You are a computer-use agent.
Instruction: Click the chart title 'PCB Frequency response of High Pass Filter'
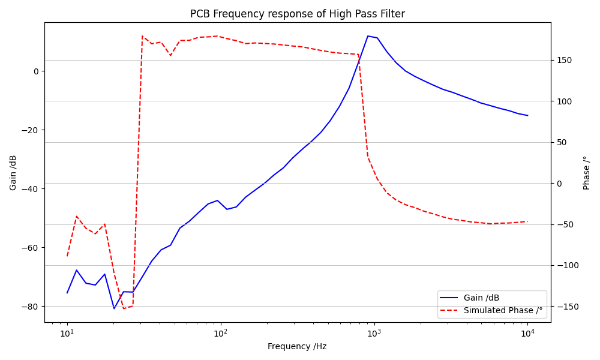click(297, 14)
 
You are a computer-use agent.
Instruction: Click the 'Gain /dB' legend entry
click(481, 298)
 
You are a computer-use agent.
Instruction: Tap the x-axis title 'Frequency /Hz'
click(297, 346)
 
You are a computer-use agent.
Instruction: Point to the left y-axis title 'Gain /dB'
click(13, 173)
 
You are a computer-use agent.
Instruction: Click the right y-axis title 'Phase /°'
click(587, 173)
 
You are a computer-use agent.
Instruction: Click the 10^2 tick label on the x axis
click(221, 333)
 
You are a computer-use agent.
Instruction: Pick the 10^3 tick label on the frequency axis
click(374, 333)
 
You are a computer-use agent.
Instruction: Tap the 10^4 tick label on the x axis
click(528, 333)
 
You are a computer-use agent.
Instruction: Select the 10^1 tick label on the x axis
click(67, 333)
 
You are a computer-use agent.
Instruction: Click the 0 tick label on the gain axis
click(35, 71)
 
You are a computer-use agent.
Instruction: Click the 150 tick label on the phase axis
click(564, 60)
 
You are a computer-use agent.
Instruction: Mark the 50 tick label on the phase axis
click(562, 142)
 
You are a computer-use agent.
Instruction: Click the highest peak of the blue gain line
click(368, 36)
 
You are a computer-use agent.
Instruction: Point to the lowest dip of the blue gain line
click(114, 308)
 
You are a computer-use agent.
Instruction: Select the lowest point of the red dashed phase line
click(124, 308)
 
